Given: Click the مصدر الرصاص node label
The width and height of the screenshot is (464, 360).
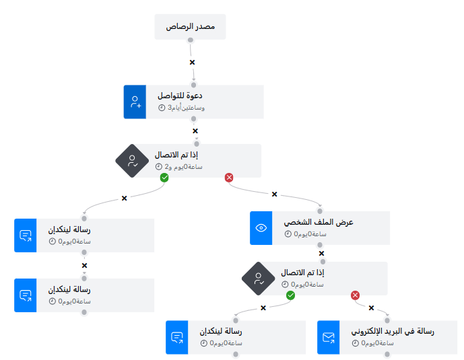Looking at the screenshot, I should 191,27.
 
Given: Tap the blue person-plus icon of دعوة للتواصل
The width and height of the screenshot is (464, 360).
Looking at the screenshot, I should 135,102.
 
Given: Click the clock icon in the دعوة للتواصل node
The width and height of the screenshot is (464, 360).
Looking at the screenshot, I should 162,108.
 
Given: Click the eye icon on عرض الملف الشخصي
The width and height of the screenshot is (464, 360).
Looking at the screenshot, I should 261,228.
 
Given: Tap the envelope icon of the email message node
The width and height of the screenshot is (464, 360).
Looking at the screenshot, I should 329,338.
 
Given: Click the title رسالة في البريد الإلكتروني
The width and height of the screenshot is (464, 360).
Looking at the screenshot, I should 393,332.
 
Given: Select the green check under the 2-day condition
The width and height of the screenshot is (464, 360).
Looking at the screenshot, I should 164,178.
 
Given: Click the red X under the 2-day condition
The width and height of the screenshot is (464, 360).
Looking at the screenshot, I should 228,178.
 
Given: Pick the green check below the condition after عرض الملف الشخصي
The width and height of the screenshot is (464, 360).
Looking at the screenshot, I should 291,295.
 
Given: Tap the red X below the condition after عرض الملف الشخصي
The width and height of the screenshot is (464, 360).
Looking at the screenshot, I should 356,295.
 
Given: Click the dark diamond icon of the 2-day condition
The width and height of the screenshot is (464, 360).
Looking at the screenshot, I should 131,161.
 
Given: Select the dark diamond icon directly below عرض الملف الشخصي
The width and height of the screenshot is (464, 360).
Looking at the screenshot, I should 258,279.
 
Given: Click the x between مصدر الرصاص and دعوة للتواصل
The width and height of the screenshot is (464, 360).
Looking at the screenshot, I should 192,63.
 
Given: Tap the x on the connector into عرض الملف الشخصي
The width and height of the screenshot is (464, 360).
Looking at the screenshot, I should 274,194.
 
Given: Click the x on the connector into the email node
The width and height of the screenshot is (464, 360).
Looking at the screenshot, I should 371,308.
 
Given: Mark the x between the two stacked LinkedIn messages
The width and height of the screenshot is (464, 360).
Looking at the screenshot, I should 84,265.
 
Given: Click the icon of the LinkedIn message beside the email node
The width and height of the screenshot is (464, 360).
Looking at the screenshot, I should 177,338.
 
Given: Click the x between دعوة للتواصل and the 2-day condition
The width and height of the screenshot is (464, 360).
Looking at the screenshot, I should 195,131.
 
